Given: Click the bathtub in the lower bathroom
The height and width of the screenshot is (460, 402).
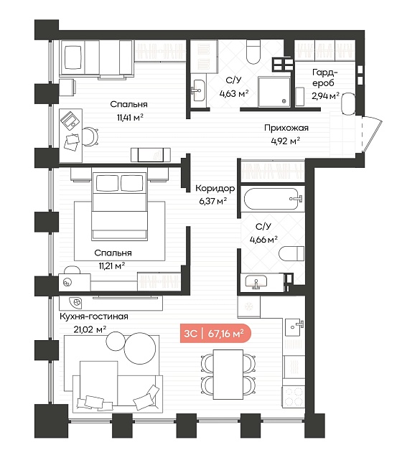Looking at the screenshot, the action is (x=273, y=200).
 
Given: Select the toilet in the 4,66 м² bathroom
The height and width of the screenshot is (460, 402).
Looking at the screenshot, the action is (x=291, y=253).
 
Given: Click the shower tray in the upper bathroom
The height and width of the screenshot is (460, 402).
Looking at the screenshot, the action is (x=274, y=92).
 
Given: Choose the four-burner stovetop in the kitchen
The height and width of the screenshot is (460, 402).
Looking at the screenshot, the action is (x=294, y=397).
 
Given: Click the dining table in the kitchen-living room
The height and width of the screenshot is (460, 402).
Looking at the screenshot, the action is (x=228, y=374).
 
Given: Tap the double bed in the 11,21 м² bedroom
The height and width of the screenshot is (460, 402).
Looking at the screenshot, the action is (x=119, y=206).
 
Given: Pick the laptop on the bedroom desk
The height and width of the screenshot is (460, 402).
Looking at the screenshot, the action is (x=70, y=121).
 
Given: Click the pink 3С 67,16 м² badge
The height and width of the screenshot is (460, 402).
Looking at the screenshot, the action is (x=215, y=334).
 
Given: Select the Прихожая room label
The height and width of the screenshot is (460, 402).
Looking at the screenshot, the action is (x=286, y=128).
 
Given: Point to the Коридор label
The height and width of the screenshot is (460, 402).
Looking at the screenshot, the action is (x=215, y=188).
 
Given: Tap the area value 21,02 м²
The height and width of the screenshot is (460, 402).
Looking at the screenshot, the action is (x=90, y=329).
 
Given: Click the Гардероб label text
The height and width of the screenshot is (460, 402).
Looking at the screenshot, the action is (x=324, y=78).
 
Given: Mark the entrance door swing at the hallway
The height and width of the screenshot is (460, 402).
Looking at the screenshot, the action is (x=372, y=133).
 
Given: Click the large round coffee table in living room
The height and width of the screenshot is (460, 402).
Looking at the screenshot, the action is (x=140, y=348).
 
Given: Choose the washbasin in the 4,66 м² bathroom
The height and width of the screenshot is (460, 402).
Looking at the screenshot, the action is (x=256, y=282).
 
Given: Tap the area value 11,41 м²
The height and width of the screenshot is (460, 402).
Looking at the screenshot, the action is (x=130, y=118).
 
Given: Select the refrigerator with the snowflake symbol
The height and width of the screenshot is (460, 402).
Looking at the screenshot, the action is (x=249, y=307).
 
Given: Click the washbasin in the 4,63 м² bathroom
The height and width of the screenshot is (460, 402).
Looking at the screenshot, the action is (x=198, y=90).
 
